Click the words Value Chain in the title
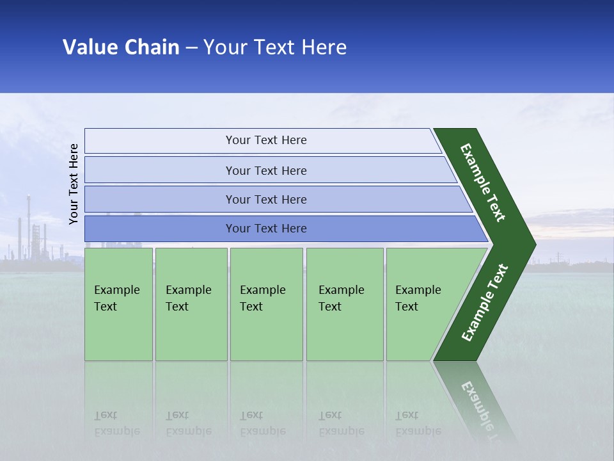click(x=121, y=47)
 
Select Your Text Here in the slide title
click(x=275, y=47)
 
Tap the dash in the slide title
click(x=191, y=48)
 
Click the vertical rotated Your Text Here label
click(x=74, y=184)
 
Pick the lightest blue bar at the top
click(x=266, y=140)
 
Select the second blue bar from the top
click(x=266, y=170)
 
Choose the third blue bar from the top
click(x=266, y=199)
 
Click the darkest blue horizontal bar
click(x=266, y=229)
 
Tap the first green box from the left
click(x=118, y=304)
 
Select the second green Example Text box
click(x=191, y=304)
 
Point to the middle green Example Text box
click(x=266, y=304)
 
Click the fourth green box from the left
click(x=344, y=304)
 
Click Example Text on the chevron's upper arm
click(x=484, y=182)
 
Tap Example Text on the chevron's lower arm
click(x=485, y=302)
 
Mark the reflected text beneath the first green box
click(x=116, y=423)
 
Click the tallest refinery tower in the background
click(x=28, y=224)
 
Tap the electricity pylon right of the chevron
click(x=558, y=257)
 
